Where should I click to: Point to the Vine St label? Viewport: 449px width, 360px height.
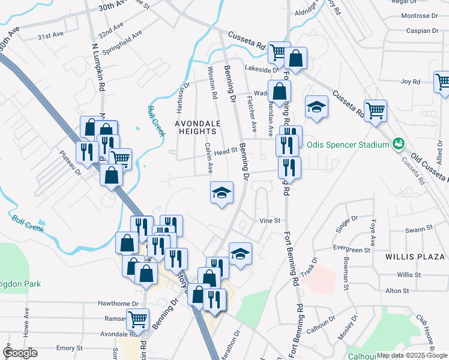(x=270, y=221)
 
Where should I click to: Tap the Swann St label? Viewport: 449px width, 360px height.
(x=418, y=229)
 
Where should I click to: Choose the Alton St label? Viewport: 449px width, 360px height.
(x=397, y=291)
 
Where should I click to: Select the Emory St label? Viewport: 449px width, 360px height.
(x=69, y=348)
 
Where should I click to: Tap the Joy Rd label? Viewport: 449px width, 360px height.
(x=409, y=81)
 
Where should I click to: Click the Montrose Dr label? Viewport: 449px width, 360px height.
(x=420, y=16)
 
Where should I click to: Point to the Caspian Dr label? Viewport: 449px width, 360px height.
(x=422, y=30)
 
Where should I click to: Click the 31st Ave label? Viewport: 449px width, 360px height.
(x=50, y=36)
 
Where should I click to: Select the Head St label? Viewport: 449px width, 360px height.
(x=223, y=152)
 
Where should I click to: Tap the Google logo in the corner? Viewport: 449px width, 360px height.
(x=20, y=353)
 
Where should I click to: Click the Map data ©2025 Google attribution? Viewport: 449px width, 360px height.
(x=412, y=355)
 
